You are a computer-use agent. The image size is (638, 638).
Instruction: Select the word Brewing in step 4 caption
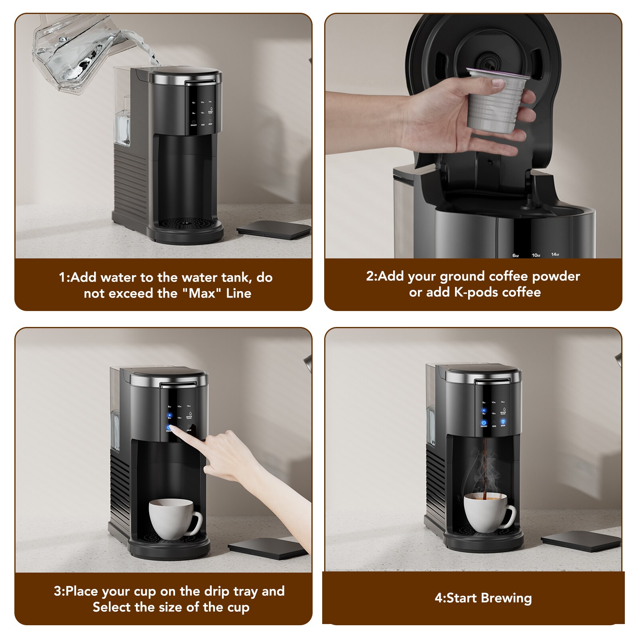[506, 598]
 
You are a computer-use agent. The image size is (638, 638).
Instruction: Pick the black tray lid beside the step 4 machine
[581, 543]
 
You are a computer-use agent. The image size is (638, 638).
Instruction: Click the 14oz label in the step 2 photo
[555, 254]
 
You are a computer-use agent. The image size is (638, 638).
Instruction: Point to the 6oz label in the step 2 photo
[516, 255]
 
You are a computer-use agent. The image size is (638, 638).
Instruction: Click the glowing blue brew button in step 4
[503, 422]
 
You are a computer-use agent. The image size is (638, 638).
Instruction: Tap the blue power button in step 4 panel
[484, 422]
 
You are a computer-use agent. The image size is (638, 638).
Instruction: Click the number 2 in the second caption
[370, 276]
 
